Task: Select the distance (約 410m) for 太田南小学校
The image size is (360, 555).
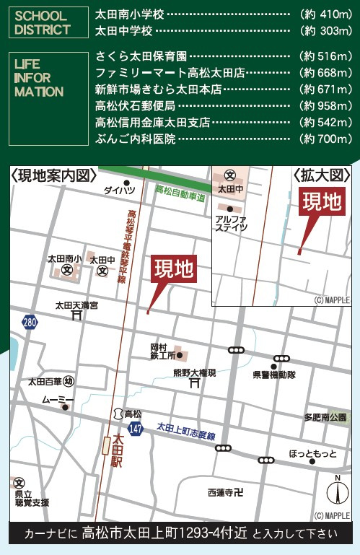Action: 326,14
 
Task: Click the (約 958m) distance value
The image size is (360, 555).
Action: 326,105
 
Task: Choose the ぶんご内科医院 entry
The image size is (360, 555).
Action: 136,139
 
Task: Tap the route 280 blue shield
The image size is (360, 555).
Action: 29,322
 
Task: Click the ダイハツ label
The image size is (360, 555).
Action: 119,191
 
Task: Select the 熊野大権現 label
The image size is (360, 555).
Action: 194,373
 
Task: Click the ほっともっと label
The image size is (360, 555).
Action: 312,453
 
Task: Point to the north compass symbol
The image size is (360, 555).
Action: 336,492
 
